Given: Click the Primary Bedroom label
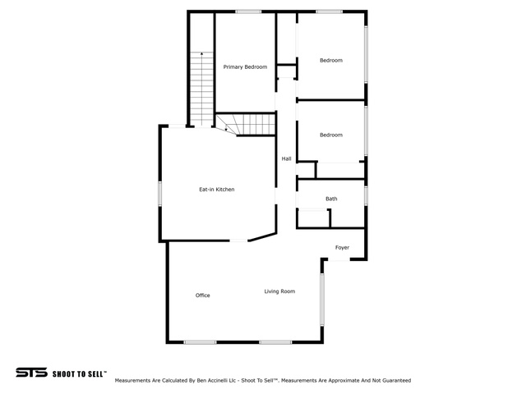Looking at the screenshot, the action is (x=245, y=67).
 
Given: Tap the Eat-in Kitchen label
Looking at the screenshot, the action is (x=217, y=190).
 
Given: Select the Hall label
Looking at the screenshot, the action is (x=287, y=158).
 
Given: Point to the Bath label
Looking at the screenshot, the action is (x=331, y=199).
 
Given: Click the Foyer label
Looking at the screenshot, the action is (x=342, y=248).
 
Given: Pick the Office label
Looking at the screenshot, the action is (x=203, y=295).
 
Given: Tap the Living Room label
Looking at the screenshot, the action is (x=279, y=291).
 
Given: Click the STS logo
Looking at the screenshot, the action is (x=31, y=373).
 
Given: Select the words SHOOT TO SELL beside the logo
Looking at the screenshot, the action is (x=80, y=374).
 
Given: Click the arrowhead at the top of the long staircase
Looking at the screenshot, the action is (x=201, y=53).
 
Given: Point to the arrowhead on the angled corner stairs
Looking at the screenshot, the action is (x=226, y=130).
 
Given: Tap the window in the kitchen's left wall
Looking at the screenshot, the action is (x=160, y=194).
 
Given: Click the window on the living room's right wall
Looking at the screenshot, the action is (x=322, y=300).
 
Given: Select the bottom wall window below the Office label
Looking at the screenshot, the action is (x=200, y=342).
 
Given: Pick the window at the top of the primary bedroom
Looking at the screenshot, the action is (x=248, y=11).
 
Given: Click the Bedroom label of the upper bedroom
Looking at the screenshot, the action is (x=331, y=60).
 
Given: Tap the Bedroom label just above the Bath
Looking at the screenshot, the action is (x=331, y=135).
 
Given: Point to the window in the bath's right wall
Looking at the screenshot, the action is (x=366, y=195).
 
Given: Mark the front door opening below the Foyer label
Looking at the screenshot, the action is (x=339, y=259).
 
